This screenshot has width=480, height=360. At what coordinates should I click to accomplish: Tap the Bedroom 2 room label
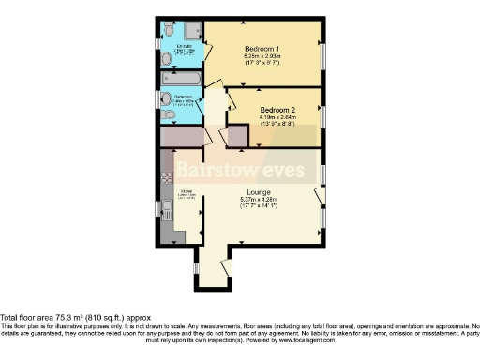pyautogui.click(x=279, y=108)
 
